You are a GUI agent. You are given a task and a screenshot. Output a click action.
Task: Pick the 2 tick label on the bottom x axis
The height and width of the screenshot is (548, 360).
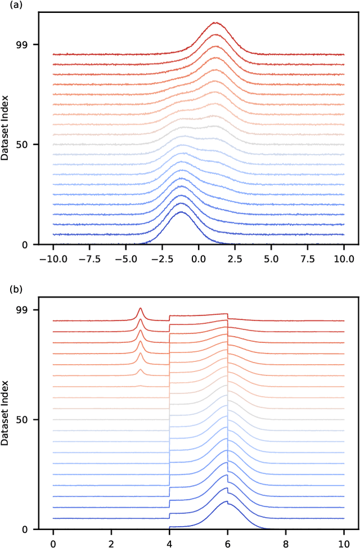111,541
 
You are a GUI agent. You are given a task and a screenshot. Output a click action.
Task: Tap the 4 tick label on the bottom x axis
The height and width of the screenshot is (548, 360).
169,541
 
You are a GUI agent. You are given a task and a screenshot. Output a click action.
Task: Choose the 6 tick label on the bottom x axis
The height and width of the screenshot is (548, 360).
227,541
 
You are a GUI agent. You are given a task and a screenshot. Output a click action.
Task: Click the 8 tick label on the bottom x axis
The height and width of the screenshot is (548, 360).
286,541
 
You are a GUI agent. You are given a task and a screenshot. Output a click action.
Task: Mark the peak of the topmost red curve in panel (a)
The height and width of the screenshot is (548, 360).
215,23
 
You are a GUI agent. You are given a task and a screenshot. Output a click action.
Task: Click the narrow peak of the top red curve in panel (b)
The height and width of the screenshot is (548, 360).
140,308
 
